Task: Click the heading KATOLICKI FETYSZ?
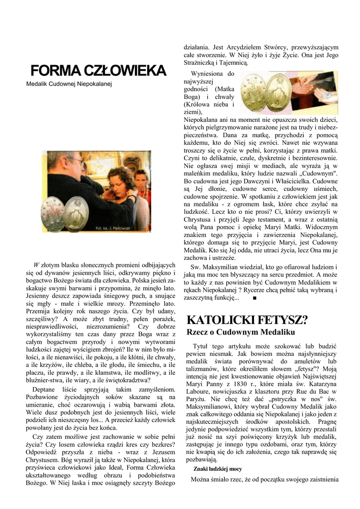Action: pos(247,319)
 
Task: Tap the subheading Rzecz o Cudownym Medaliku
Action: pos(240,332)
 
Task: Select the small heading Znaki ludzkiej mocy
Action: pos(217,468)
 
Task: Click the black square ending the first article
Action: pos(254,298)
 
